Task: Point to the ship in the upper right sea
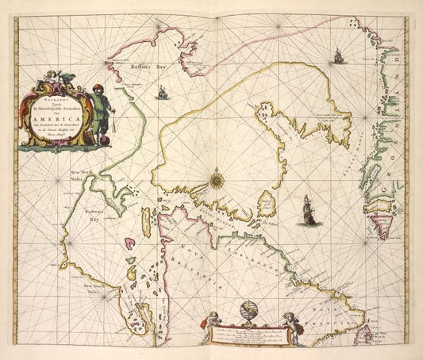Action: click(x=338, y=56)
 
